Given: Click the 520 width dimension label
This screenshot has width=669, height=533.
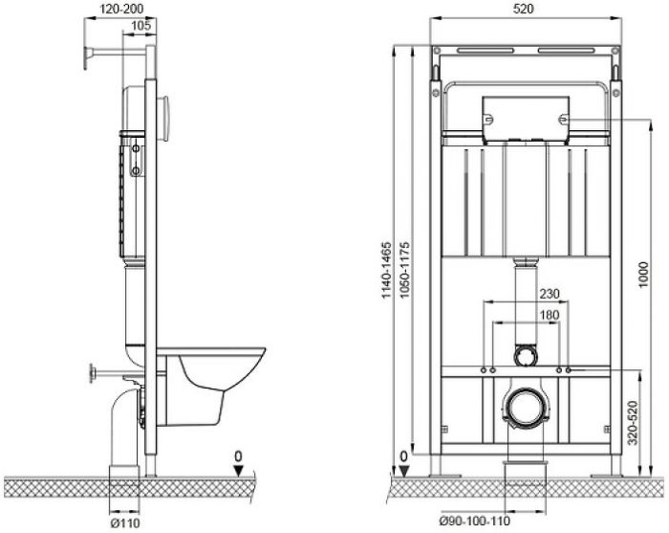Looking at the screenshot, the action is pos(523,9).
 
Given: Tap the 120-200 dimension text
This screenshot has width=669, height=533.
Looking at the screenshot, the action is pos(122,9).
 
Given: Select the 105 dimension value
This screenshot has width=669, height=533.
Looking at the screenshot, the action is pos(140,26).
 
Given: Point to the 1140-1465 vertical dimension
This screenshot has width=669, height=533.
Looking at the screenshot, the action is pos(386,270).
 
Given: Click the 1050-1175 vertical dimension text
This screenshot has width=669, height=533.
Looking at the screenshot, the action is pos(405,270).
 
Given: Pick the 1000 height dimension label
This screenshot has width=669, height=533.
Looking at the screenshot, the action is pos(643,275).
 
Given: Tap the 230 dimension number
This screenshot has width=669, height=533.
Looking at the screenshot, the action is pos(550,294).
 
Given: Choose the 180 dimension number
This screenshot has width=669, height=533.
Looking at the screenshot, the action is pos(550,315).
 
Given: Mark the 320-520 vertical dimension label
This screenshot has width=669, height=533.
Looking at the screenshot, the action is pos(633,423).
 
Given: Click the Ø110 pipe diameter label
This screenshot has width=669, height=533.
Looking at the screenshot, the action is pos(125,522).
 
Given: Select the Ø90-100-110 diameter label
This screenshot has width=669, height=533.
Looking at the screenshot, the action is pos(475,522).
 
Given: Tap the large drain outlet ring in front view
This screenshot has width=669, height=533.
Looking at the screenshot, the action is pos(525,407).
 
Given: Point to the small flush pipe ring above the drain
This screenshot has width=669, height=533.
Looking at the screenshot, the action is pos(525,355).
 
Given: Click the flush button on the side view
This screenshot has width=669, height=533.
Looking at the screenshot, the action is pos(164,118).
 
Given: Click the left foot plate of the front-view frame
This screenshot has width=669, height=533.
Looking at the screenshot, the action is pos(444,476).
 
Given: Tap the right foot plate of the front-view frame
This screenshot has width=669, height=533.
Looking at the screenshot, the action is pos(606,476).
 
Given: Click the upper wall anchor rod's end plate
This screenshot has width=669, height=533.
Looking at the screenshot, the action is pos(88,57).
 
